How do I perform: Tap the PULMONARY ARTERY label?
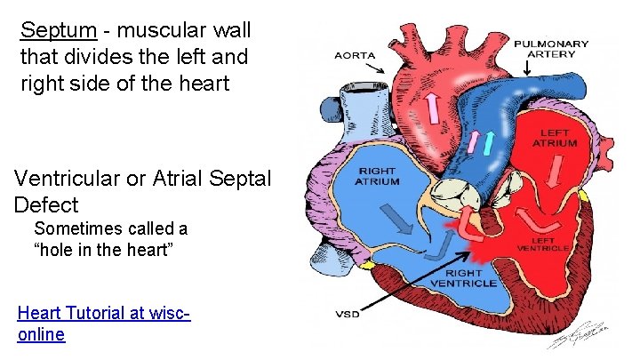tap(550, 50)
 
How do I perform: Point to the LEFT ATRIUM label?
tap(556, 138)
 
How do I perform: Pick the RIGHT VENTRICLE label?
tap(463, 277)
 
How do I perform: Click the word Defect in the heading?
tap(45, 204)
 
